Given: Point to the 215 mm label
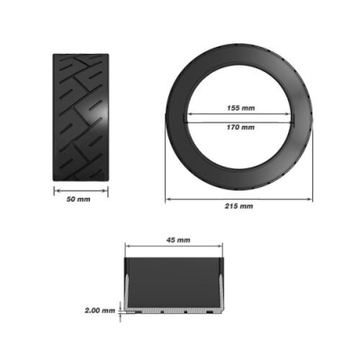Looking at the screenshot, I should click(240, 206).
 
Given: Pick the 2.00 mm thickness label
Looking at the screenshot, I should click(99, 310).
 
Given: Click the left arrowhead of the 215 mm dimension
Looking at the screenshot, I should click(168, 197).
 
